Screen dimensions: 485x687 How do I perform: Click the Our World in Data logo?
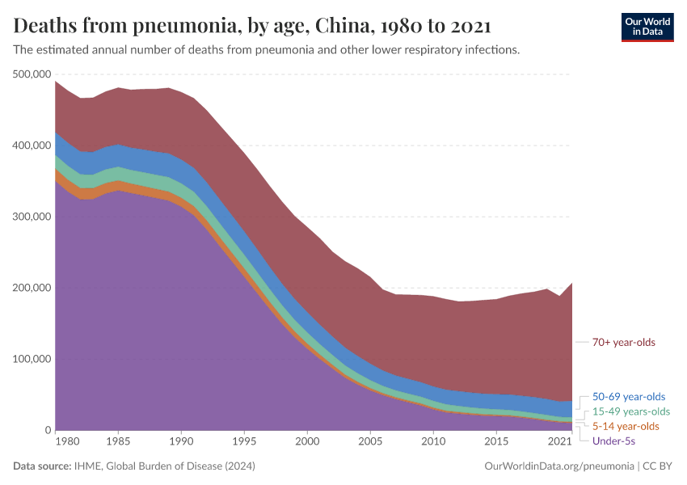click(647, 27)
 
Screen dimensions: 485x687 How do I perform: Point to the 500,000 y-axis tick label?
click(33, 74)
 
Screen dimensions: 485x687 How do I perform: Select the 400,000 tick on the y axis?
click(33, 145)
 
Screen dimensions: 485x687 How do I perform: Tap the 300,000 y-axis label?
click(33, 217)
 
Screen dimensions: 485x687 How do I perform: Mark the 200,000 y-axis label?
click(33, 288)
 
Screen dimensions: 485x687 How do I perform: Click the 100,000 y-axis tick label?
click(33, 359)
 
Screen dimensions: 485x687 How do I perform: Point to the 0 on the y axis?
click(48, 430)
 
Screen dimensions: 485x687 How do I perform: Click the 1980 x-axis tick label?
click(68, 442)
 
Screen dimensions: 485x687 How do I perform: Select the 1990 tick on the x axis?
click(181, 442)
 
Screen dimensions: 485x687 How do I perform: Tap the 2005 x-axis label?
click(370, 442)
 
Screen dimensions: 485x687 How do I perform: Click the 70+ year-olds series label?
click(624, 342)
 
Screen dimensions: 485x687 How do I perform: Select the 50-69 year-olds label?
click(629, 397)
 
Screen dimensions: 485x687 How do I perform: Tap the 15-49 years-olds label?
click(631, 411)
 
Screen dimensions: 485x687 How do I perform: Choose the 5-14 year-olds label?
click(626, 426)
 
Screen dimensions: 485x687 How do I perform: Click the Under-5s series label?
click(613, 441)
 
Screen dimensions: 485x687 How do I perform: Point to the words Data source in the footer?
click(41, 466)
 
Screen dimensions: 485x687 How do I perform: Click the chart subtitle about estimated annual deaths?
click(267, 50)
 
